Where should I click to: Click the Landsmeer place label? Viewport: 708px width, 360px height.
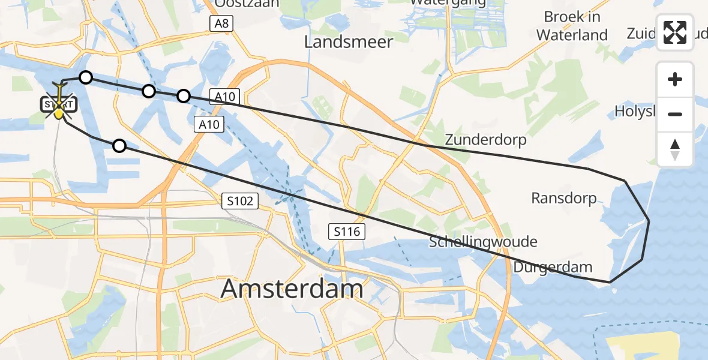(348, 41)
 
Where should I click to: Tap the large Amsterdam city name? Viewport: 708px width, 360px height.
(292, 289)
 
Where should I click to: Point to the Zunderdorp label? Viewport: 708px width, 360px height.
(485, 140)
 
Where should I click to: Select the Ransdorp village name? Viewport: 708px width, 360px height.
(564, 198)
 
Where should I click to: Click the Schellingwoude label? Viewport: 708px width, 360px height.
(483, 242)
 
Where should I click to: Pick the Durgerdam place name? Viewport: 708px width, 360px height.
(553, 267)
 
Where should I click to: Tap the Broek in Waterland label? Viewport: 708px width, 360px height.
(572, 26)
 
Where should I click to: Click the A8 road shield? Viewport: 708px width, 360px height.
(221, 23)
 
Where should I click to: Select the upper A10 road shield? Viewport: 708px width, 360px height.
(225, 96)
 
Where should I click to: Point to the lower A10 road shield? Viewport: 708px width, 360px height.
(209, 124)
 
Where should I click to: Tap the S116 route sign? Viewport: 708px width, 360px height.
(347, 231)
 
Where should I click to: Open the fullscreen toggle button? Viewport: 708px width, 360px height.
(675, 32)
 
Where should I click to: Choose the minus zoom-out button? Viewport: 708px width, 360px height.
(675, 114)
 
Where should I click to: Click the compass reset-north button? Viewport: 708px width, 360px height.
(675, 149)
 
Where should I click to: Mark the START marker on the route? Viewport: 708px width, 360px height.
(59, 105)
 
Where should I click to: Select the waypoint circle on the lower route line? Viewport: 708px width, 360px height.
(119, 145)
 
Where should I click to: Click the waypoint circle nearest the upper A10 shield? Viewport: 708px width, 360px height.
(184, 95)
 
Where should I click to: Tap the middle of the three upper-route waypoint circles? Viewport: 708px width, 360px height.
(149, 91)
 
